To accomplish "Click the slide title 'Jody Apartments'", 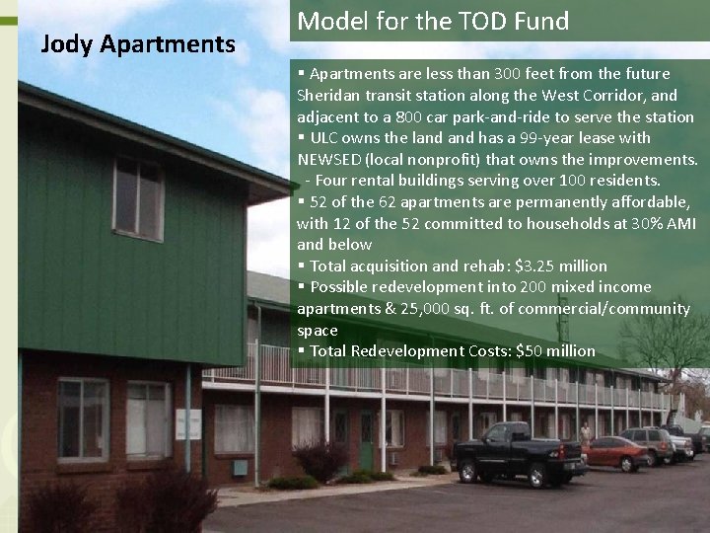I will coord(137,43).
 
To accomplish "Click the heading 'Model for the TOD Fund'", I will coord(433,21).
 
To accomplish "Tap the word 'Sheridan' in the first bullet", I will coord(328,95).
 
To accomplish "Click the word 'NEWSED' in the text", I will coord(331,159).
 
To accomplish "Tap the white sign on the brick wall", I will coord(187,424).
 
